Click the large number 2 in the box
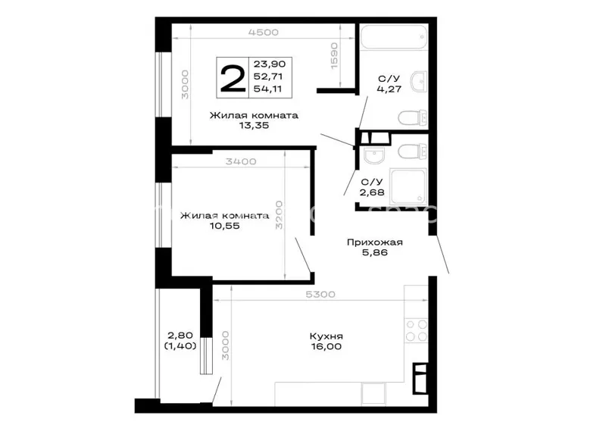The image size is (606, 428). (x=233, y=79)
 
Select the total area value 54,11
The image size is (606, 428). (x=267, y=89)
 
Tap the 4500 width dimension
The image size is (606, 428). (x=263, y=32)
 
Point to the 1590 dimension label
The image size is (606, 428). (x=334, y=56)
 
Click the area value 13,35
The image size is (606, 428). (x=254, y=125)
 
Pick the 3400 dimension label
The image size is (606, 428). (x=241, y=161)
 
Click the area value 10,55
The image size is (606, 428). (x=224, y=226)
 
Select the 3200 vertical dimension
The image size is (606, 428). (x=279, y=215)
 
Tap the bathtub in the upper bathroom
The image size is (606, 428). (x=394, y=36)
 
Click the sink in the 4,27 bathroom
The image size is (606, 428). (x=419, y=81)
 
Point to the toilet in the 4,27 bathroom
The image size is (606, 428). (x=413, y=118)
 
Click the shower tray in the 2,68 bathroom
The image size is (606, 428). (x=408, y=186)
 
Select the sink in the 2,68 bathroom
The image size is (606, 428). (x=374, y=155)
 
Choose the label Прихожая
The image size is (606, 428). (x=374, y=242)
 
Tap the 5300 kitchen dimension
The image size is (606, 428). (x=320, y=295)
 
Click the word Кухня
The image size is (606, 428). (x=326, y=336)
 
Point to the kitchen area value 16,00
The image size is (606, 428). (x=326, y=346)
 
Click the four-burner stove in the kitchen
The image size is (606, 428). (x=416, y=330)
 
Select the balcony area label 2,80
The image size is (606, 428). (x=180, y=336)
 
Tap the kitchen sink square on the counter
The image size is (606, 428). (x=373, y=394)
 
